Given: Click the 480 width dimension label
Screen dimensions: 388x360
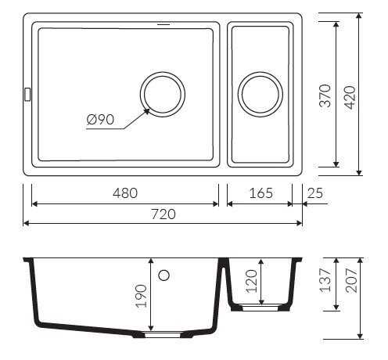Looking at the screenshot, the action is pos(125,193).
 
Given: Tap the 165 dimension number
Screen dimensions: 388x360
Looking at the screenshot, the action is pos(261,193).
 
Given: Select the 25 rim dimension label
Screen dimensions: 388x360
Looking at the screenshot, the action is pos(315,193).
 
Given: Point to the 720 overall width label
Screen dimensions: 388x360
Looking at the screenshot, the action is pos(163,214).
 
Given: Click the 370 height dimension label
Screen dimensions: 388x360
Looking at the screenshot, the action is pos(325,95).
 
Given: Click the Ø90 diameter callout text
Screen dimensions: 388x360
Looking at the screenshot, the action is pos(100,120).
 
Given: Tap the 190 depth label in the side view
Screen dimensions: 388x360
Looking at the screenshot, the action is pos(142,296).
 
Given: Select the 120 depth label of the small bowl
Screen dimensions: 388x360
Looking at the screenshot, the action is pos(252,281).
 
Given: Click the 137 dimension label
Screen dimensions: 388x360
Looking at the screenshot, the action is pos(325,280).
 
